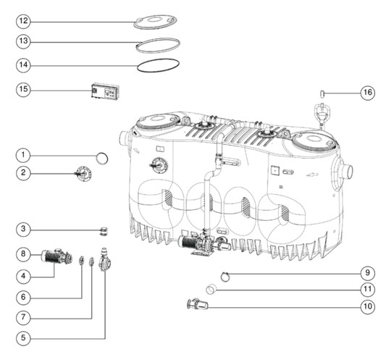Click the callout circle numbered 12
[x=23, y=21]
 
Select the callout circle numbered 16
[x=368, y=93]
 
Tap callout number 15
[x=23, y=89]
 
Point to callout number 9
[x=368, y=272]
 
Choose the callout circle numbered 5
[x=23, y=338]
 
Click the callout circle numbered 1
[x=23, y=155]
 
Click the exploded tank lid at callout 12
[x=156, y=22]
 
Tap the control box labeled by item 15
[x=106, y=91]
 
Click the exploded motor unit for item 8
[x=56, y=256]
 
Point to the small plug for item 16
[x=322, y=94]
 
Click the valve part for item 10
[x=197, y=304]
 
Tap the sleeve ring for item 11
[x=211, y=290]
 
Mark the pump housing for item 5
[x=105, y=260]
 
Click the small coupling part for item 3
[x=104, y=231]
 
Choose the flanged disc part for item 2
[x=84, y=173]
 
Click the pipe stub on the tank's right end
[x=348, y=172]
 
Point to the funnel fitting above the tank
[x=321, y=114]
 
